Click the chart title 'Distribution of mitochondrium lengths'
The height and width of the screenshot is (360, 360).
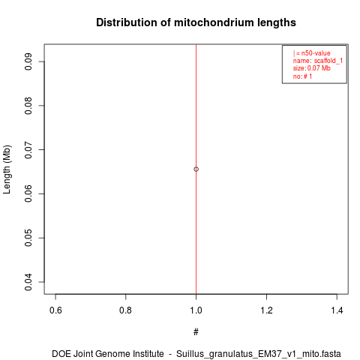[196, 22]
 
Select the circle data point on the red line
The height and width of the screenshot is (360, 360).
[196, 169]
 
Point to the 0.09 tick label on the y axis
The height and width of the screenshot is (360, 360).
[28, 61]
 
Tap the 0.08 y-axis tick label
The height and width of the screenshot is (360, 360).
[28, 106]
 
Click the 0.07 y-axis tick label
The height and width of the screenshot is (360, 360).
[28, 150]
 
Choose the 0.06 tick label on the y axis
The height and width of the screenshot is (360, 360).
[28, 193]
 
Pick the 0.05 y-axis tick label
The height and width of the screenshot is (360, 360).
[28, 238]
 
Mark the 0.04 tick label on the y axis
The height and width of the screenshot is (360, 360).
[28, 282]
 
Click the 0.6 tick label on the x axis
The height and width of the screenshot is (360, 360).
[55, 310]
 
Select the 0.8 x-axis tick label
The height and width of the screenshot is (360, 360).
[126, 310]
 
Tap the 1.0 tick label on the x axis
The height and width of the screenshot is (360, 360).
[196, 310]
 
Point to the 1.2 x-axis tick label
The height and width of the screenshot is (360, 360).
[266, 310]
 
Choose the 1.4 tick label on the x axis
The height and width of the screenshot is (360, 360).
[337, 310]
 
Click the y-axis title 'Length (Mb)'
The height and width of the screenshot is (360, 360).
[7, 169]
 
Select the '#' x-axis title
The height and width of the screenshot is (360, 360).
[196, 332]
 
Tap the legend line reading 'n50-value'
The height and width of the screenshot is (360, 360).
[312, 53]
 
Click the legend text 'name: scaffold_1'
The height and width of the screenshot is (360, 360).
[318, 61]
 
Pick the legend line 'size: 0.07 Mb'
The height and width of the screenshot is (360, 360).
[312, 68]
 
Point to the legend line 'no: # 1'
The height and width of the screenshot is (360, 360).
[302, 76]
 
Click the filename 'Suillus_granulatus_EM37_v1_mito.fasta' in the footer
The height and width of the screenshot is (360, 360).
[259, 354]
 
